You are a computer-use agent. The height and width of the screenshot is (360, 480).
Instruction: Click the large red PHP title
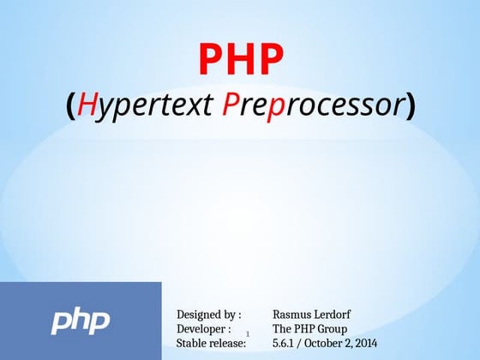tap(240, 58)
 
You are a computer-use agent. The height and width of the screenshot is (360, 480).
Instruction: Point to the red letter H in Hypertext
tap(87, 105)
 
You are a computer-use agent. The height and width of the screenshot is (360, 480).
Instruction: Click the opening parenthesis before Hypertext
tap(71, 106)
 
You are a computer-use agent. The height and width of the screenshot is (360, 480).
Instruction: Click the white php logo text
tap(81, 321)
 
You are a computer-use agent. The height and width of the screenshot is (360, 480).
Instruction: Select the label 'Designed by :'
tap(208, 315)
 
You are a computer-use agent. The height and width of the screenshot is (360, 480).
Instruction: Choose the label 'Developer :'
tap(203, 329)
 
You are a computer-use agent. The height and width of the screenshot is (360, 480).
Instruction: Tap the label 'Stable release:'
tap(211, 343)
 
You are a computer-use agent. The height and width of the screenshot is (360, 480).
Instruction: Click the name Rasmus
tap(291, 315)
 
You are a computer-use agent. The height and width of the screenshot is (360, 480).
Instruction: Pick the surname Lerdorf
tap(333, 315)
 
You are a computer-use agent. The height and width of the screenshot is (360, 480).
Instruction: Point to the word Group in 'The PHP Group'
tap(332, 329)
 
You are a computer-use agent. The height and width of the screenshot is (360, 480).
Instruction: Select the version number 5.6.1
tap(284, 343)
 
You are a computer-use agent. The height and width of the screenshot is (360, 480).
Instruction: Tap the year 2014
tap(366, 343)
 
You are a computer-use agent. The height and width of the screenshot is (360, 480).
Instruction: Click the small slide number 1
tap(247, 333)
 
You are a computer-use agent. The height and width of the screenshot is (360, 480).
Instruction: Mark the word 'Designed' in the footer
tap(196, 315)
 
